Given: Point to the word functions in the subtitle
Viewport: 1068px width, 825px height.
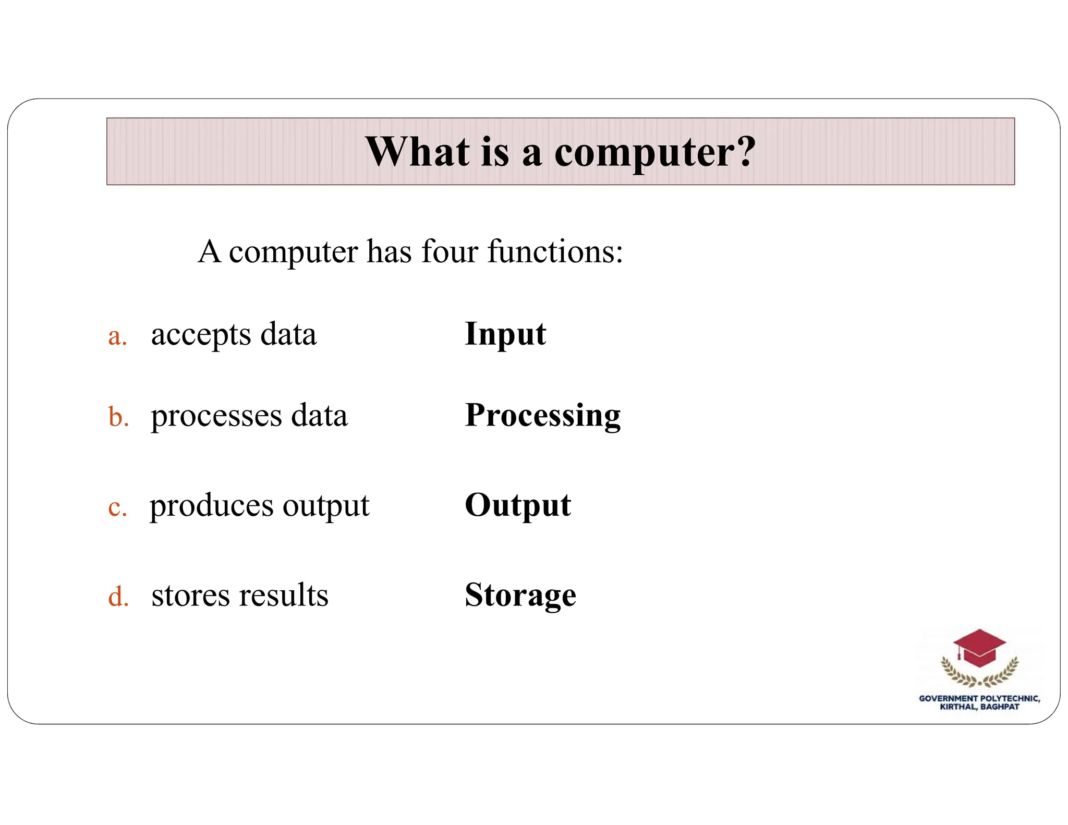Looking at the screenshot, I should pyautogui.click(x=554, y=251).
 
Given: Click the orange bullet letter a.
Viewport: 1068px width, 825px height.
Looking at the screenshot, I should pyautogui.click(x=117, y=336).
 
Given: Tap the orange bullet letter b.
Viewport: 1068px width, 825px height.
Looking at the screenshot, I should pyautogui.click(x=118, y=417).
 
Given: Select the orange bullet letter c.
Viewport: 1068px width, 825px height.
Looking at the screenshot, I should pyautogui.click(x=117, y=507).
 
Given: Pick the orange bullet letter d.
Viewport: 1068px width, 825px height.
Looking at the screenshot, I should pyautogui.click(x=118, y=596).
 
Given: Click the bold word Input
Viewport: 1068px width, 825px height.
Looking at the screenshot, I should pyautogui.click(x=505, y=334).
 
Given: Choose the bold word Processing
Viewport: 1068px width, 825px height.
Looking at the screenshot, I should pyautogui.click(x=543, y=416).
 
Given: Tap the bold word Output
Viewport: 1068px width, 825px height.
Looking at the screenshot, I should pyautogui.click(x=518, y=505).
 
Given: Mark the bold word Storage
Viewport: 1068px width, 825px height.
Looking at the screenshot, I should pyautogui.click(x=520, y=595).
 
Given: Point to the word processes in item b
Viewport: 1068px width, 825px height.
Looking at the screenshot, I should pyautogui.click(x=216, y=417).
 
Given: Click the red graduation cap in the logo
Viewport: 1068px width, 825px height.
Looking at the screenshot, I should pyautogui.click(x=979, y=648).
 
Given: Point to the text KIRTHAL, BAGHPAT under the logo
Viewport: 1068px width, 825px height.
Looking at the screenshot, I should pyautogui.click(x=979, y=707).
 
